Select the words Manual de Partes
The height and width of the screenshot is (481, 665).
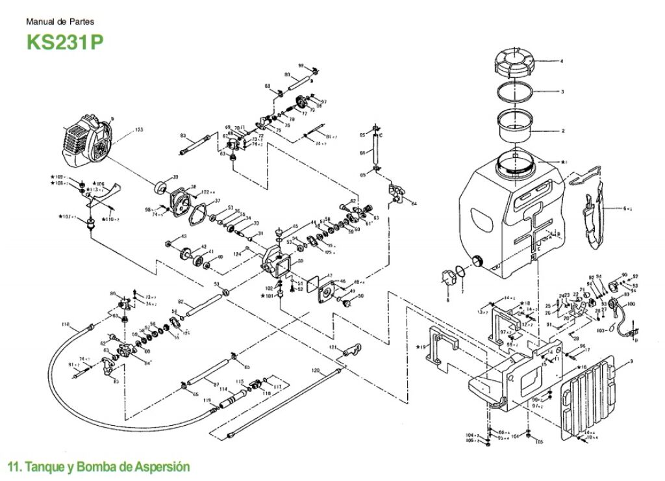(60, 21)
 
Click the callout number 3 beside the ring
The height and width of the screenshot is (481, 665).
(562, 92)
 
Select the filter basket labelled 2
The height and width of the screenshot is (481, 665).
(515, 125)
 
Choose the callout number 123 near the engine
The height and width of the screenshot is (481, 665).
(138, 130)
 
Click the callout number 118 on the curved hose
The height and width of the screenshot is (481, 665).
(65, 324)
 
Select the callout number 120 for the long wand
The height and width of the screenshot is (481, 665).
(316, 370)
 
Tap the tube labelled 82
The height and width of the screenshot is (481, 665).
(207, 305)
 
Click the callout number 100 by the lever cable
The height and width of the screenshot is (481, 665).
(631, 304)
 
